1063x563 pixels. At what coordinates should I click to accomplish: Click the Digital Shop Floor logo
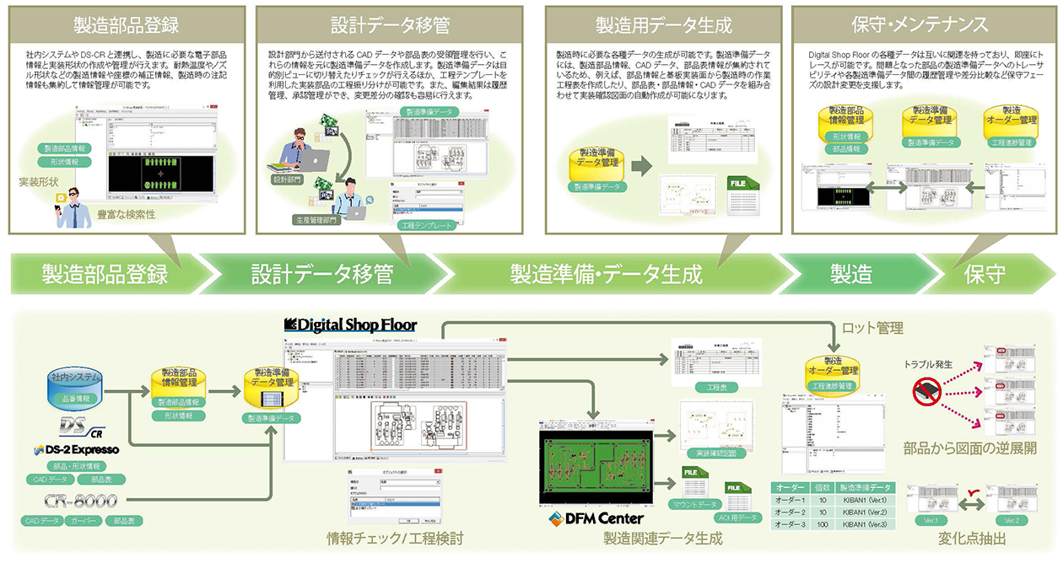click(x=350, y=324)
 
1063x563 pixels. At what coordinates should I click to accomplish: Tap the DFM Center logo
click(x=596, y=517)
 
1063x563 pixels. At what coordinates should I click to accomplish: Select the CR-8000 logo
click(x=81, y=501)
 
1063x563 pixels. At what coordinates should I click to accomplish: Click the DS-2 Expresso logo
click(x=78, y=449)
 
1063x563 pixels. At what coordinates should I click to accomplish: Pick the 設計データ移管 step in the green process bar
click(x=321, y=274)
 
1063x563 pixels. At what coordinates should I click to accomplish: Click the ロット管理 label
click(x=872, y=327)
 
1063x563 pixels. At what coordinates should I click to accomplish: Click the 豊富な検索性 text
click(x=127, y=214)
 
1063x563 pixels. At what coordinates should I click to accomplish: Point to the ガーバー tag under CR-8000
click(x=82, y=521)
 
